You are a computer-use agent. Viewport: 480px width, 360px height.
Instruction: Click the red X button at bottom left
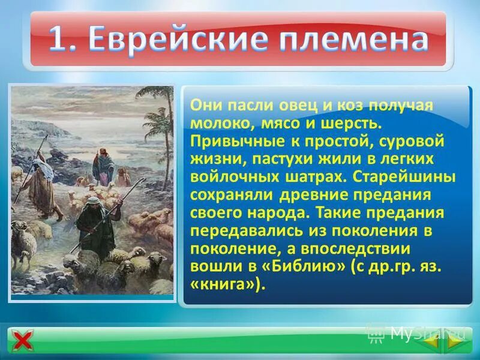click(x=22, y=341)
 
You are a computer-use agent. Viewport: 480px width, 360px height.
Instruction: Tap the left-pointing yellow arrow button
click(x=433, y=340)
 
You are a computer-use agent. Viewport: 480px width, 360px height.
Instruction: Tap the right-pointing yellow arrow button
click(x=455, y=340)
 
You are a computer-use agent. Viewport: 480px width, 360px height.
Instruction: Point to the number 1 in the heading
click(x=56, y=40)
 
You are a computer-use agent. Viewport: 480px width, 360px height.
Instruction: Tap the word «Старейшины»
click(x=404, y=178)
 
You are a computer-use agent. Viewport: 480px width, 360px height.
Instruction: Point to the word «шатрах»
click(x=317, y=178)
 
